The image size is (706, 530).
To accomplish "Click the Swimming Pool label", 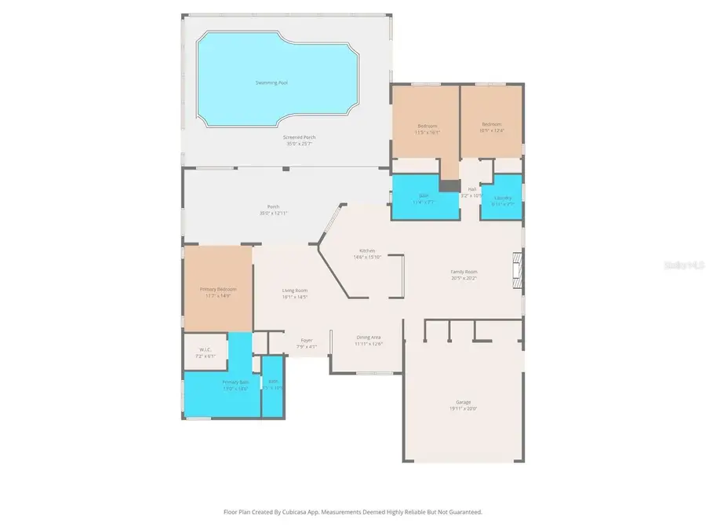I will pyautogui.click(x=271, y=82).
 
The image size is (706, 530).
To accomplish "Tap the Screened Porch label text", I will pyautogui.click(x=300, y=137).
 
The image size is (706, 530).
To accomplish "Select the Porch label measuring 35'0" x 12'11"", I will pyautogui.click(x=273, y=207).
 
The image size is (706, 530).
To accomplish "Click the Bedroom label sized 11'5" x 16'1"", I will pyautogui.click(x=428, y=126).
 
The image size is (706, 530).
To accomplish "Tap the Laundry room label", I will pyautogui.click(x=503, y=198).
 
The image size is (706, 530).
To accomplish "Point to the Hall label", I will pyautogui.click(x=472, y=189).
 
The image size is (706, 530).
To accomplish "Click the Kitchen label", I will pyautogui.click(x=367, y=250).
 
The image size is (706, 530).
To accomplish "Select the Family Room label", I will pyautogui.click(x=464, y=272).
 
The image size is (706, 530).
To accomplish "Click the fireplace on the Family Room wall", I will pyautogui.click(x=515, y=271).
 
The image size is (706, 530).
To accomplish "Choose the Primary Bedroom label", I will pyautogui.click(x=218, y=289).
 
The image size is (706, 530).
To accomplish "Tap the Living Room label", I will pyautogui.click(x=294, y=291).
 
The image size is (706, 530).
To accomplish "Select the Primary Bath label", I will pyautogui.click(x=235, y=382).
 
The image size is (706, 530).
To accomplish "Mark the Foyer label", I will pyautogui.click(x=306, y=340).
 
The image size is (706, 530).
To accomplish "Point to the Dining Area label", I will pyautogui.click(x=368, y=337).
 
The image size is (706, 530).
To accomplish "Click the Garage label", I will pyautogui.click(x=464, y=401).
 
